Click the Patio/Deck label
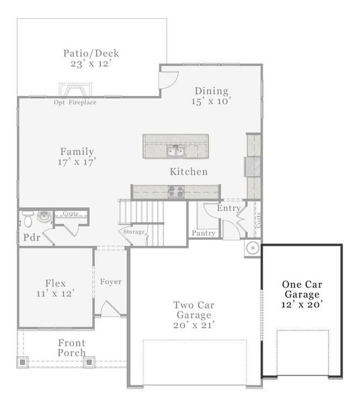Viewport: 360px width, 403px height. pos(91,53)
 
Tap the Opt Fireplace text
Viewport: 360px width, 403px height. pos(75,103)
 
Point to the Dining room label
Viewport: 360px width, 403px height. pos(212,91)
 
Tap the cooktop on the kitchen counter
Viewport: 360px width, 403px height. pos(176,191)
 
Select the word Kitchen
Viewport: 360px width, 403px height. pos(188,172)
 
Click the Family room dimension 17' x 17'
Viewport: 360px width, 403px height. pos(77,163)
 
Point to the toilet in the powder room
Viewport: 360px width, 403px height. pos(28,219)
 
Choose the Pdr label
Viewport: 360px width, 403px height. pos(31,238)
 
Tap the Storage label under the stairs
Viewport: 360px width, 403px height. pos(134,232)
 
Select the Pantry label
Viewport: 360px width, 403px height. pos(204,233)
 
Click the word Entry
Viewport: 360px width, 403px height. pos(228,208)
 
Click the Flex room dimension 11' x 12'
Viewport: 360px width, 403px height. pos(55,294)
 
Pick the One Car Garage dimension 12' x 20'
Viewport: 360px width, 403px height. pos(302,305)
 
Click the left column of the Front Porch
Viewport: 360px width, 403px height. pos(22,362)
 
